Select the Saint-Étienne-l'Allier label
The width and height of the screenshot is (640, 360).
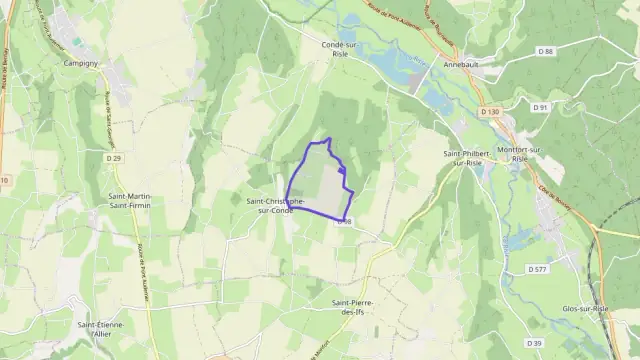pyautogui.click(x=100, y=330)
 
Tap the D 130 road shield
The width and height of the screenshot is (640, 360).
pyautogui.click(x=488, y=112)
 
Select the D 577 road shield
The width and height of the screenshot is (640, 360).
pyautogui.click(x=537, y=270)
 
